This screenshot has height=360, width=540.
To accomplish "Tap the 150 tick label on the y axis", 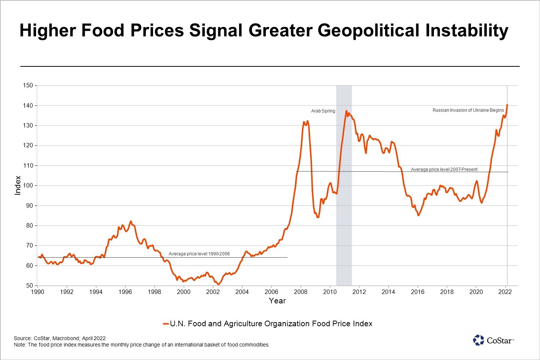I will (28, 85).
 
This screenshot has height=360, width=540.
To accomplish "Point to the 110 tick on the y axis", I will (28, 165).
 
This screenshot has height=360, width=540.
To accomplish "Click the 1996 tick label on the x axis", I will (125, 292).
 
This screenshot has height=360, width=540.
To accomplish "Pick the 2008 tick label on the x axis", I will (300, 292).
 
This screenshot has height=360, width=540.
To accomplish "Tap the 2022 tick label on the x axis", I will (505, 292).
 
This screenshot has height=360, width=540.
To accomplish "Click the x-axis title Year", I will (277, 301).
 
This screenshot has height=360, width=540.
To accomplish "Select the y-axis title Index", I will (18, 185).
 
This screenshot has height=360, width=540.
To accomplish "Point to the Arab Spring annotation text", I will (323, 111).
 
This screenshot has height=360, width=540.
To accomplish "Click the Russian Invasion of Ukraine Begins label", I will (468, 110).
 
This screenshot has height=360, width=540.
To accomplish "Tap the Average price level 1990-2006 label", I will (199, 254).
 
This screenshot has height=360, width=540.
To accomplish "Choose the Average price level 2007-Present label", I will (444, 169).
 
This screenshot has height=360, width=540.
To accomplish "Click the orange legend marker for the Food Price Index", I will (166, 324).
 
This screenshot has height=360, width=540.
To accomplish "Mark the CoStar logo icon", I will (478, 340).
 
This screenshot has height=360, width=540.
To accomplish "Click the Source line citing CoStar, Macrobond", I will (60, 338).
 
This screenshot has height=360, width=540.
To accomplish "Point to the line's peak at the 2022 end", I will (507, 105).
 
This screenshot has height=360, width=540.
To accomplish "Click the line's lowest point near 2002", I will (218, 285).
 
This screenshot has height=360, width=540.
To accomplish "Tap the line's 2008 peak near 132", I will (307, 121).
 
